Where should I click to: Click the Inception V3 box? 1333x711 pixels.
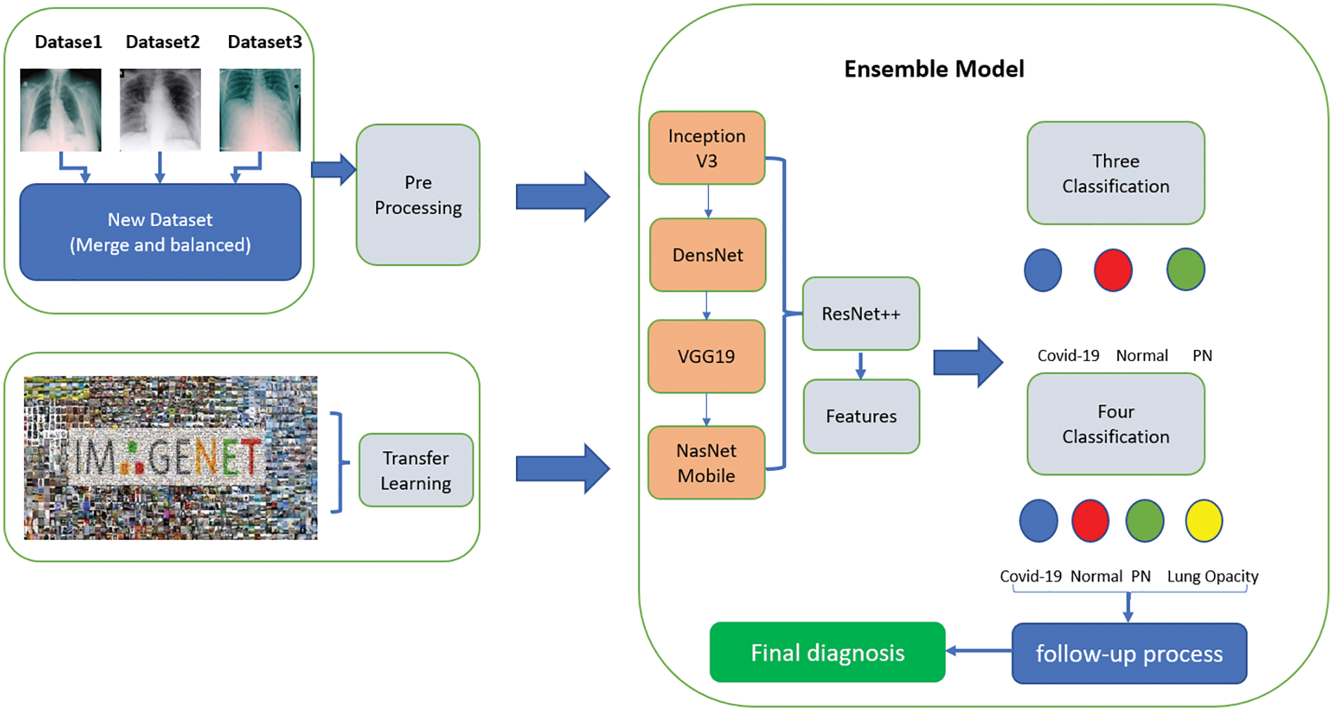pyautogui.click(x=707, y=148)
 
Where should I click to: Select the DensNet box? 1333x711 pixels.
pyautogui.click(x=708, y=255)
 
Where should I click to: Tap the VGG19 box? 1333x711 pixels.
pyautogui.click(x=706, y=356)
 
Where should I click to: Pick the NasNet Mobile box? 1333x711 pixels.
pyautogui.click(x=706, y=463)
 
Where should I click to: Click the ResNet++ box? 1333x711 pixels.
pyautogui.click(x=861, y=314)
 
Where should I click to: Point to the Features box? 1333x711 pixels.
pyautogui.click(x=862, y=416)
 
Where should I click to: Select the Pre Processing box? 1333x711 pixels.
pyautogui.click(x=418, y=195)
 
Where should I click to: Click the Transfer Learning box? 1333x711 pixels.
pyautogui.click(x=416, y=470)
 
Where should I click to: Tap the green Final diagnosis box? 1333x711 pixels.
pyautogui.click(x=827, y=652)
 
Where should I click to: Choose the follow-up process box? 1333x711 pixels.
pyautogui.click(x=1129, y=653)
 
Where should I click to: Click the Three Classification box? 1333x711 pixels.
pyautogui.click(x=1116, y=173)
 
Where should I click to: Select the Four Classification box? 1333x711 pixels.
pyautogui.click(x=1116, y=424)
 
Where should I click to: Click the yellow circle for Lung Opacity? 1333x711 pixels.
pyautogui.click(x=1204, y=521)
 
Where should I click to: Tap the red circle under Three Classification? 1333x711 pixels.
pyautogui.click(x=1113, y=270)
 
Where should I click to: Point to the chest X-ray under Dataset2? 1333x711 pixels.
pyautogui.click(x=160, y=109)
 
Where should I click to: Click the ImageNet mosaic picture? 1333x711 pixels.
pyautogui.click(x=171, y=457)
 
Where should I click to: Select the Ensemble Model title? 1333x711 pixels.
pyautogui.click(x=934, y=69)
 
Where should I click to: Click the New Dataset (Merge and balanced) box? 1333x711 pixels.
pyautogui.click(x=160, y=232)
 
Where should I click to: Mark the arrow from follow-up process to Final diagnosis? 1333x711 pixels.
pyautogui.click(x=979, y=650)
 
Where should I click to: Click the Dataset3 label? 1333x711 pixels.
pyautogui.click(x=265, y=42)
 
